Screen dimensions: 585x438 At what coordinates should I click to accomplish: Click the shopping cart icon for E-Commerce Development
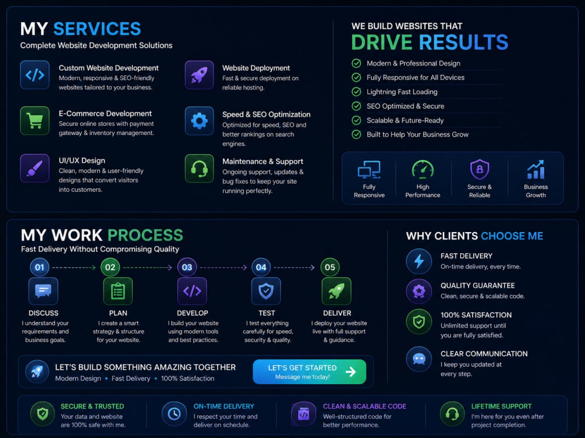[35, 120]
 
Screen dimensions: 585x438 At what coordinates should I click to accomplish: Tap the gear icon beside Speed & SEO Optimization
[199, 121]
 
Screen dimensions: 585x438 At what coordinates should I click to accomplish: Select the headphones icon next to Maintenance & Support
[199, 168]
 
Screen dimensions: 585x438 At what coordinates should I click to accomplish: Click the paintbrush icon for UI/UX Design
[35, 168]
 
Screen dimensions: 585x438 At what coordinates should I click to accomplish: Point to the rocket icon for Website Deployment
[199, 75]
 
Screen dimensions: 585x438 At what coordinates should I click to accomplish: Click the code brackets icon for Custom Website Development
[35, 75]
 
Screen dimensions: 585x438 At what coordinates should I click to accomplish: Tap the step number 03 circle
[187, 267]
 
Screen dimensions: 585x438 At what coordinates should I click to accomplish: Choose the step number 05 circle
[330, 267]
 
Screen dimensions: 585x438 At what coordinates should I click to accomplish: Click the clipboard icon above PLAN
[118, 291]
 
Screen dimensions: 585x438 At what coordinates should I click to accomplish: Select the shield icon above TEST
[266, 291]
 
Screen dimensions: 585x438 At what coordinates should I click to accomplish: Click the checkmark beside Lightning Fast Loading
[356, 92]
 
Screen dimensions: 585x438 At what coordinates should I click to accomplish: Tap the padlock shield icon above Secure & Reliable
[480, 170]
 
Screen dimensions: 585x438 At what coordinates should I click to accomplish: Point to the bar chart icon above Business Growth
[536, 170]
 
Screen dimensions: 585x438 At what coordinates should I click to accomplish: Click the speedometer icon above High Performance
[423, 170]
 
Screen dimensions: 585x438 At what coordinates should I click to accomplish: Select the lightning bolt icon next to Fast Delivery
[419, 261]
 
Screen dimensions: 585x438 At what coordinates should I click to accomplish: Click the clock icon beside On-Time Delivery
[174, 414]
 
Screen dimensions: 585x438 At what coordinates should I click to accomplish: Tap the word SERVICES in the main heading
[97, 29]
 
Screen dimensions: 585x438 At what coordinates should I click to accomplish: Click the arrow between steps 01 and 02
[74, 267]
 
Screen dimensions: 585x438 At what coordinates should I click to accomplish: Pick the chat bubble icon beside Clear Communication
[419, 359]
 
